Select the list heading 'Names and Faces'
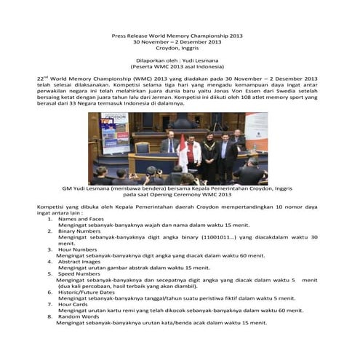[x=81, y=219]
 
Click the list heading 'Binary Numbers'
[x=79, y=231]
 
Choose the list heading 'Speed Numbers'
[x=79, y=273]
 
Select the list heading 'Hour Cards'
[x=73, y=304]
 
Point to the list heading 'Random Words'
[x=79, y=316]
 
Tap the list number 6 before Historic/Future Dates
[x=49, y=292]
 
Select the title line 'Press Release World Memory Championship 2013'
[x=173, y=35]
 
